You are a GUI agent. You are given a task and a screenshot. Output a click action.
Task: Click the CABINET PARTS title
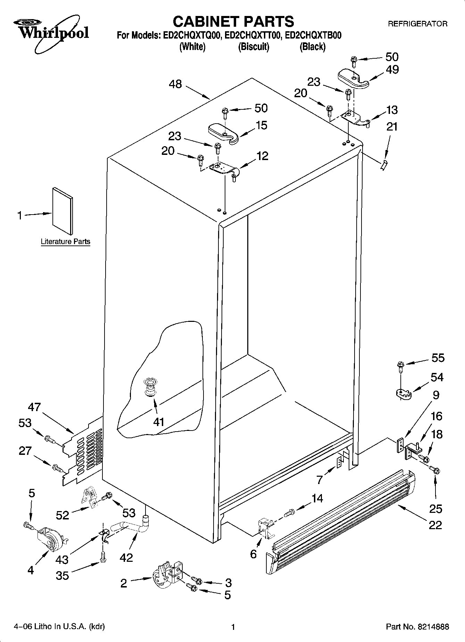pyautogui.click(x=233, y=22)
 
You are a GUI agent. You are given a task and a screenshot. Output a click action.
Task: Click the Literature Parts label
pyautogui.click(x=65, y=242)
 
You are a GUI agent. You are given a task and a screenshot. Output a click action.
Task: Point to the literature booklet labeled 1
pyautogui.click(x=63, y=211)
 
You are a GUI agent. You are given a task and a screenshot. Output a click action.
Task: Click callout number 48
pyautogui.click(x=176, y=84)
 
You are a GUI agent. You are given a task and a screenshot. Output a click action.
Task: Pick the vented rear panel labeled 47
pyautogui.click(x=83, y=451)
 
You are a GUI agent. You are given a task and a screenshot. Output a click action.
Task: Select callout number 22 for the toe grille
pyautogui.click(x=435, y=525)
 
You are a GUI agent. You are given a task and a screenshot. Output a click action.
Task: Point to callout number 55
pyautogui.click(x=438, y=358)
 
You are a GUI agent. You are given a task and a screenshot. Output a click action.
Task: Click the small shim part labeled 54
pyautogui.click(x=403, y=393)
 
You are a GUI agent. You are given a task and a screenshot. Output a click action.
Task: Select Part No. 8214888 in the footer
pyautogui.click(x=417, y=627)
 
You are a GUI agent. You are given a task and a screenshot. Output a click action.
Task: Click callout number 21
pyautogui.click(x=392, y=127)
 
